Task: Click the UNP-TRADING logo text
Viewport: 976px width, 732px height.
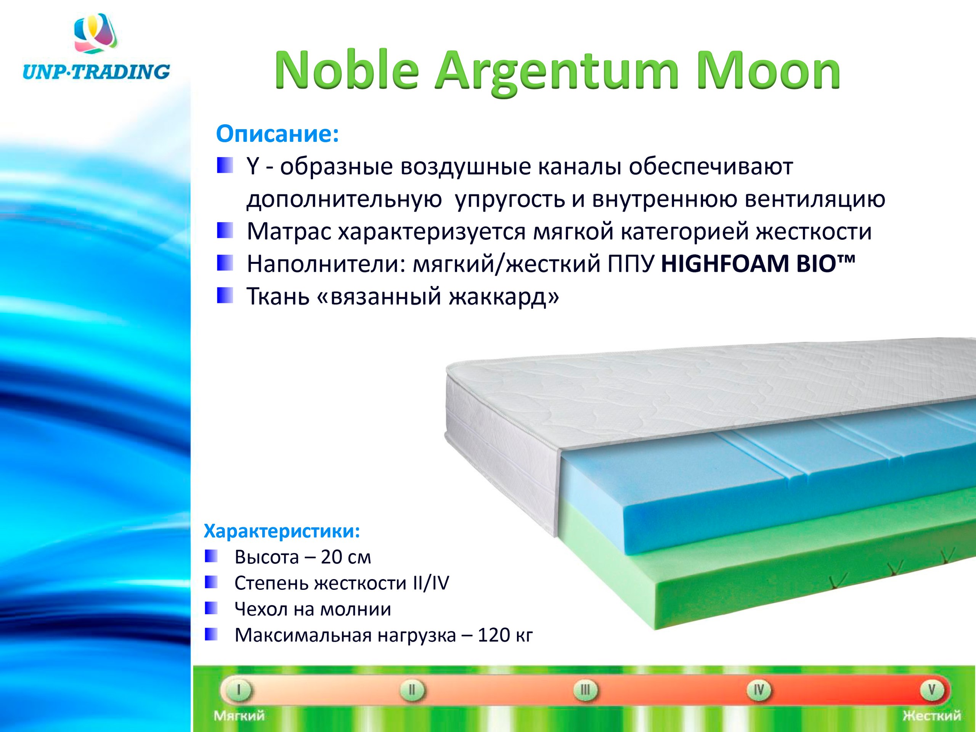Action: click(x=96, y=71)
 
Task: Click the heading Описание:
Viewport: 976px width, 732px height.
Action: click(x=277, y=134)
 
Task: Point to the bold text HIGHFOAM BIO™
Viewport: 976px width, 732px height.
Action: click(x=758, y=264)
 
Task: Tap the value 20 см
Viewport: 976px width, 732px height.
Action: click(x=346, y=557)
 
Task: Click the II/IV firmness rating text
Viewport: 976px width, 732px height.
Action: click(x=431, y=583)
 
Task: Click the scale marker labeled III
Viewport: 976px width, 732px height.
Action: click(x=585, y=689)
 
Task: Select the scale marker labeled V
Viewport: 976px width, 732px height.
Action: click(x=931, y=689)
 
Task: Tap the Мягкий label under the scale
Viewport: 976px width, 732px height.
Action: click(x=239, y=716)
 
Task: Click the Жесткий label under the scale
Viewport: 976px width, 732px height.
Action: click(x=931, y=716)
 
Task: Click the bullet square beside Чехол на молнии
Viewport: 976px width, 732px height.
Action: click(x=211, y=608)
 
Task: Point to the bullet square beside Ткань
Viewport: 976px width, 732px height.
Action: click(x=225, y=295)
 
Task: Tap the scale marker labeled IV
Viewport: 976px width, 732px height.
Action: click(x=758, y=689)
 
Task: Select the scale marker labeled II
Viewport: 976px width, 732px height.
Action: click(x=412, y=689)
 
